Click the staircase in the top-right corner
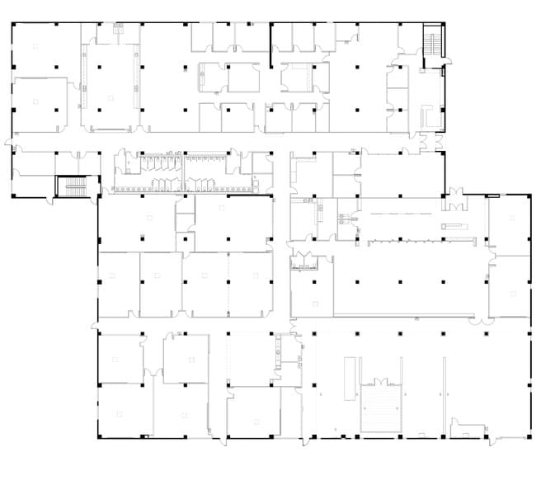point(433,45)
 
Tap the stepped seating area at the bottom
point(381,409)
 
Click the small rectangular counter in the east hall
point(453,225)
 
